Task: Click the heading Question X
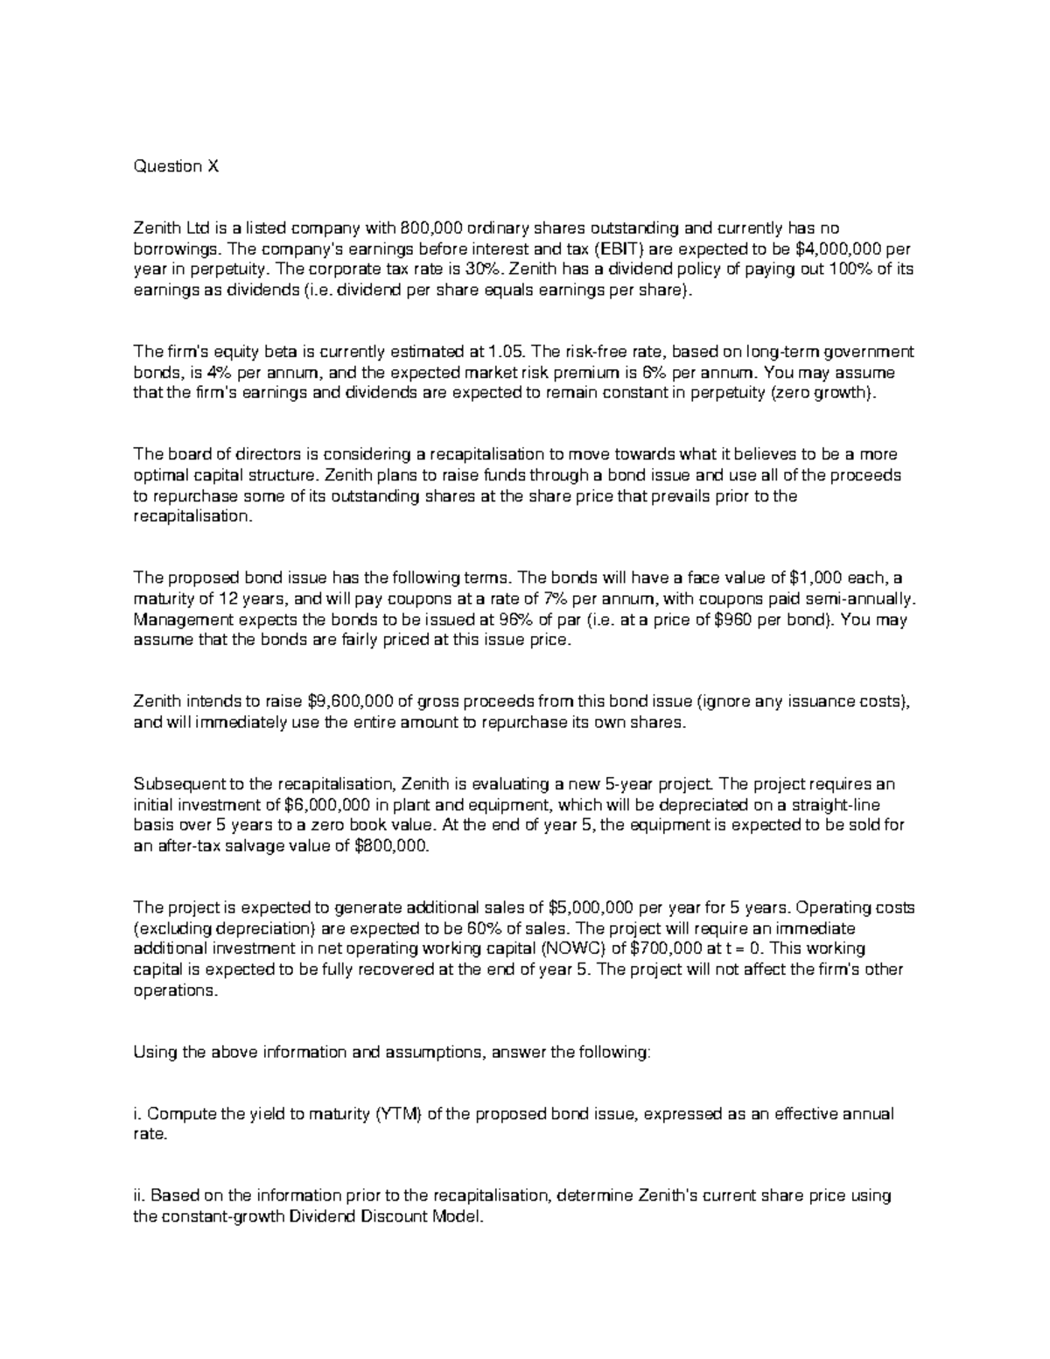pyautogui.click(x=175, y=166)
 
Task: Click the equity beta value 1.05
pyautogui.click(x=507, y=352)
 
